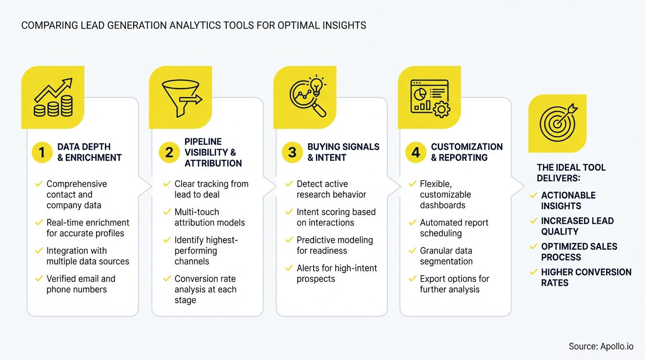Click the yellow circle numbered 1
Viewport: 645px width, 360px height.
pyautogui.click(x=42, y=152)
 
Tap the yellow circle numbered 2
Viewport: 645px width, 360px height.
pyautogui.click(x=169, y=152)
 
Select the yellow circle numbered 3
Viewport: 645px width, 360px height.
pyautogui.click(x=292, y=152)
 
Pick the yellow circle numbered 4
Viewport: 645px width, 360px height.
pyautogui.click(x=416, y=152)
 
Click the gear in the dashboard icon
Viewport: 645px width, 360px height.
pyautogui.click(x=441, y=110)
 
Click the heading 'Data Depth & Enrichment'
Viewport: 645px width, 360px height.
pyautogui.click(x=89, y=152)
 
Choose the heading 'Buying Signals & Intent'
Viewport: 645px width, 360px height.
pyautogui.click(x=343, y=152)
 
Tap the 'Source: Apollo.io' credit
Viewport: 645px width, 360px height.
pyautogui.click(x=601, y=346)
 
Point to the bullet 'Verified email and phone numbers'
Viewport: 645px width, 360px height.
pyautogui.click(x=80, y=284)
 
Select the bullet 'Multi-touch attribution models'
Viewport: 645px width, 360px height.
pyautogui.click(x=210, y=217)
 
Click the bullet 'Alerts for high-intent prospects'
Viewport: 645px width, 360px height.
pyautogui.click(x=337, y=273)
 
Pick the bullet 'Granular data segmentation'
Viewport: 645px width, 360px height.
pyautogui.click(x=446, y=256)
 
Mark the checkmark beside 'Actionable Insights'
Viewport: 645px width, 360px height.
pyautogui.click(x=533, y=195)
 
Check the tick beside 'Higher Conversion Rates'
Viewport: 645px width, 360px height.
pyautogui.click(x=533, y=272)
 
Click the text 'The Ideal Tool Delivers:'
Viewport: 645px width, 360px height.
pyautogui.click(x=571, y=172)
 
